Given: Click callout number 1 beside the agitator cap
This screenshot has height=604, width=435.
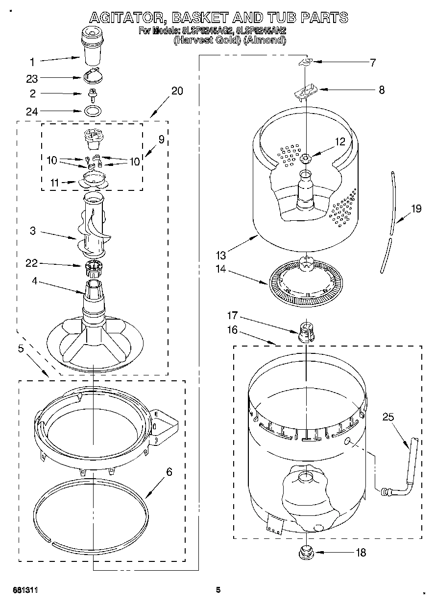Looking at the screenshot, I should [32, 62].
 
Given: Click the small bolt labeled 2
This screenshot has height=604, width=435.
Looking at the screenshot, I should [91, 93].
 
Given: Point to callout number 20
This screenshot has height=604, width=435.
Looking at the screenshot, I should [177, 91].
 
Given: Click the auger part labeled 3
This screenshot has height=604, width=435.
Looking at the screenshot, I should [93, 225].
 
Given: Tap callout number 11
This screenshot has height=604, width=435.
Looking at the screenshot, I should [55, 183].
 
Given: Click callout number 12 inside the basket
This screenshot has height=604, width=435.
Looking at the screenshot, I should [340, 142].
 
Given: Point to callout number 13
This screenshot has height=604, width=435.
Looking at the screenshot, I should [221, 255].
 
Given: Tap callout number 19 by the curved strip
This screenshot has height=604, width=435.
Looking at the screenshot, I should [416, 209].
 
